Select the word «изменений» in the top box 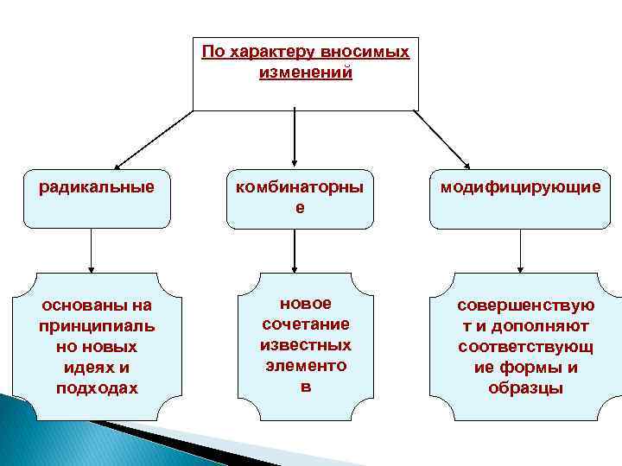point(305,72)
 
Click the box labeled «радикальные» point(96,198)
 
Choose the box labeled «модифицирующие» point(520,198)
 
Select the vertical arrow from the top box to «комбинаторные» point(295,136)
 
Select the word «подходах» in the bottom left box point(96,388)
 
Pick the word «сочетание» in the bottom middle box point(305,324)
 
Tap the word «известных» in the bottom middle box point(305,345)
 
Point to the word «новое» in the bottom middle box point(305,304)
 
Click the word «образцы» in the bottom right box point(525,388)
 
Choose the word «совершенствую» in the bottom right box point(525,305)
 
